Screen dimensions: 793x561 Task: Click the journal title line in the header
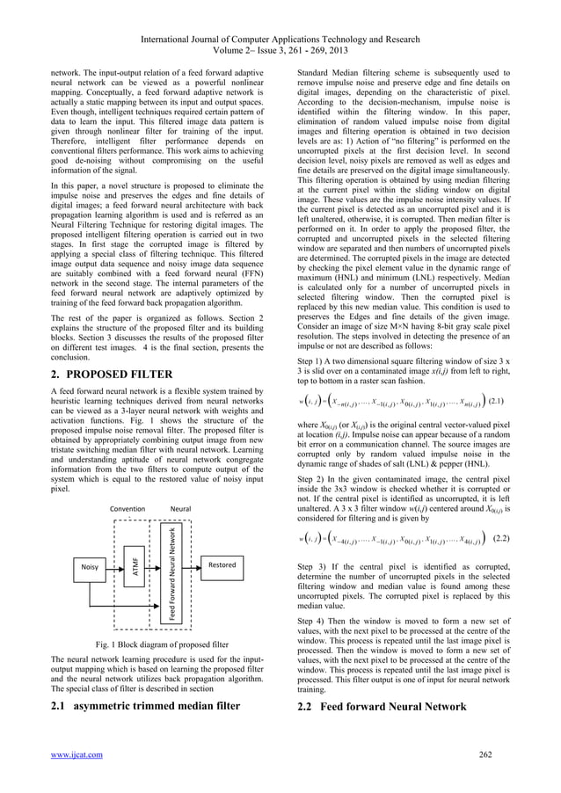click(280, 11)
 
